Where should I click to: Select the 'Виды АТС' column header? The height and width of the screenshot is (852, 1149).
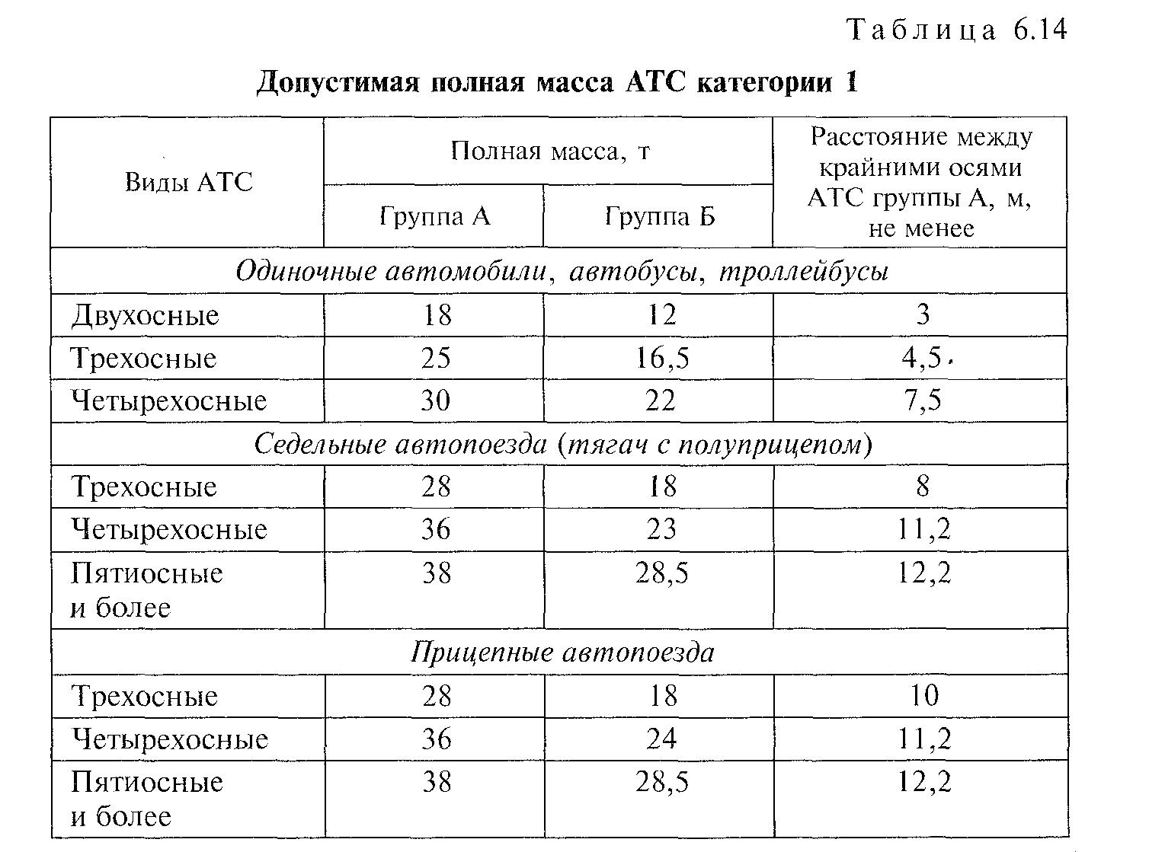(x=188, y=182)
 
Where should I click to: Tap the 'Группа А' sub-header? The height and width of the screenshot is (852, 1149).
(x=434, y=217)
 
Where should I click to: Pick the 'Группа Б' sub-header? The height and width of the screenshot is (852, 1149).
(x=660, y=217)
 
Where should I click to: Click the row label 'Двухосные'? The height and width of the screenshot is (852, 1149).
(x=145, y=315)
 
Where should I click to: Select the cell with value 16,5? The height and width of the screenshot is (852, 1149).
(x=662, y=358)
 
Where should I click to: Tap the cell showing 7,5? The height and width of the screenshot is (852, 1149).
(x=923, y=400)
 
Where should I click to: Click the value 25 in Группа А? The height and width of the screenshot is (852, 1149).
(x=435, y=358)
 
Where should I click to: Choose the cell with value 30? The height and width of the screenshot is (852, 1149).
(x=435, y=400)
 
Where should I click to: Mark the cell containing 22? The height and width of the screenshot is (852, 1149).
(x=661, y=400)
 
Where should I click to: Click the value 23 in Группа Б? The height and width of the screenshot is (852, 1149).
(x=661, y=529)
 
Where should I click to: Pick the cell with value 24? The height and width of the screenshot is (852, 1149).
(x=661, y=739)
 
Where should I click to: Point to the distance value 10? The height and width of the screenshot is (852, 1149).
(x=923, y=695)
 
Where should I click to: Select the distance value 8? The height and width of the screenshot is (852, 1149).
(x=923, y=486)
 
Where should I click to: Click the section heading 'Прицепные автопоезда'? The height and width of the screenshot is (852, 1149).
(x=562, y=653)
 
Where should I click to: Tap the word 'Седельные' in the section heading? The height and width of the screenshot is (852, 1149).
(x=321, y=444)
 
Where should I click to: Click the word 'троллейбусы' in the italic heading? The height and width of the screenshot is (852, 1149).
(x=803, y=272)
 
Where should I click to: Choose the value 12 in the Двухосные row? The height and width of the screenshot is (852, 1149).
(x=661, y=315)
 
